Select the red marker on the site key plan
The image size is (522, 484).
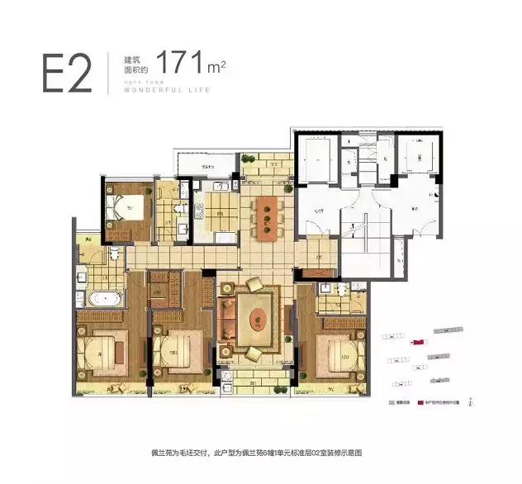(418, 341)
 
